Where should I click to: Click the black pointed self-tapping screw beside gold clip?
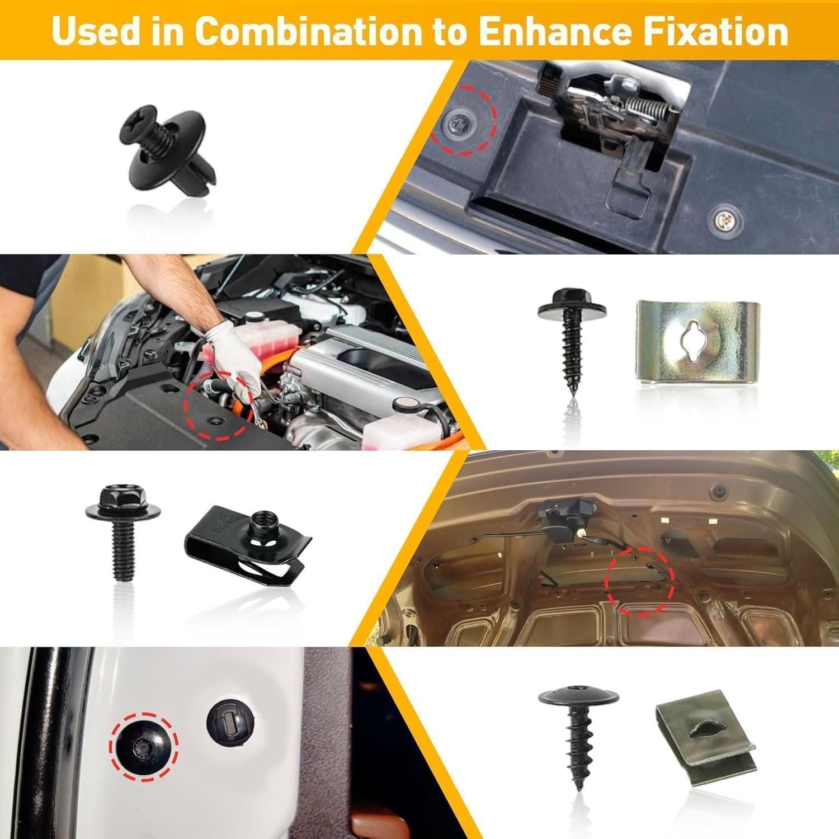click(572, 341)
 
